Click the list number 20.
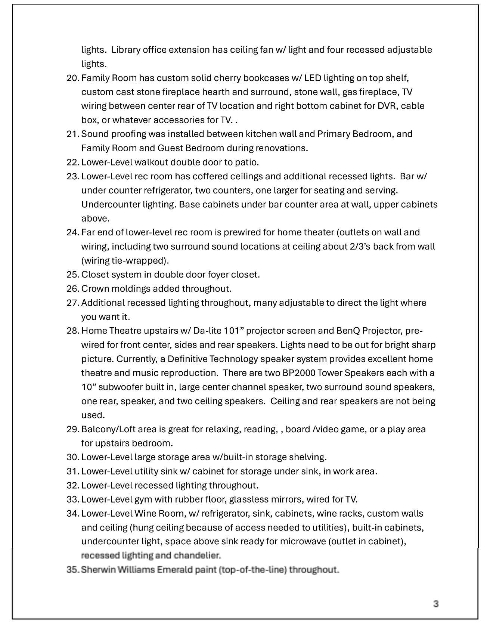click(72, 78)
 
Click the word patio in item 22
click(247, 163)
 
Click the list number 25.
click(72, 275)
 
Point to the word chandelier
click(197, 556)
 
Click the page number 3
click(435, 604)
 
